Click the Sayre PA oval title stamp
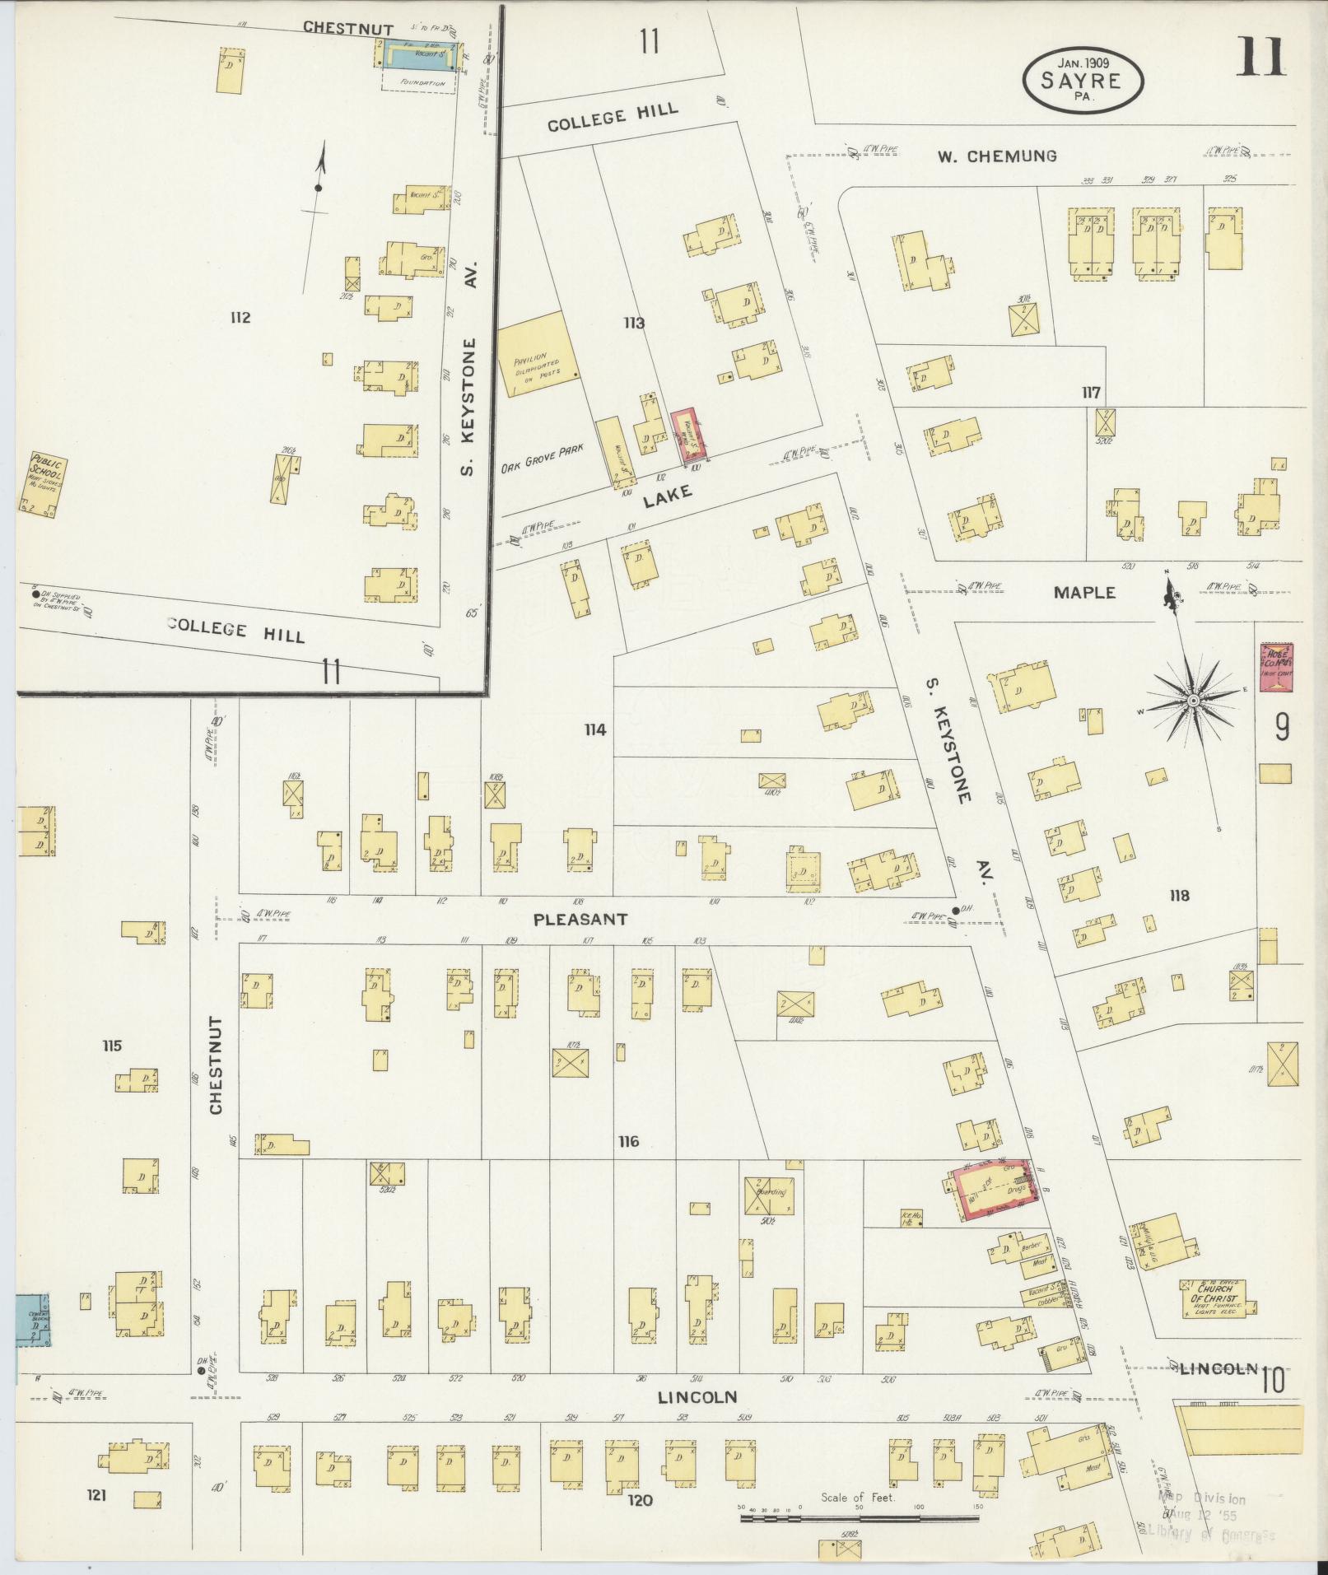point(1082,79)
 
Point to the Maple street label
point(1087,592)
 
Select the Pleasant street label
point(580,919)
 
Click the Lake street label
point(667,495)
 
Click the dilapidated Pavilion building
point(533,355)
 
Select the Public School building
point(41,484)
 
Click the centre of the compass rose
point(1192,700)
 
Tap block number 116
point(628,1142)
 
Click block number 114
point(594,729)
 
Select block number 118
point(1179,896)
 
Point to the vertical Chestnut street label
point(217,1065)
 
